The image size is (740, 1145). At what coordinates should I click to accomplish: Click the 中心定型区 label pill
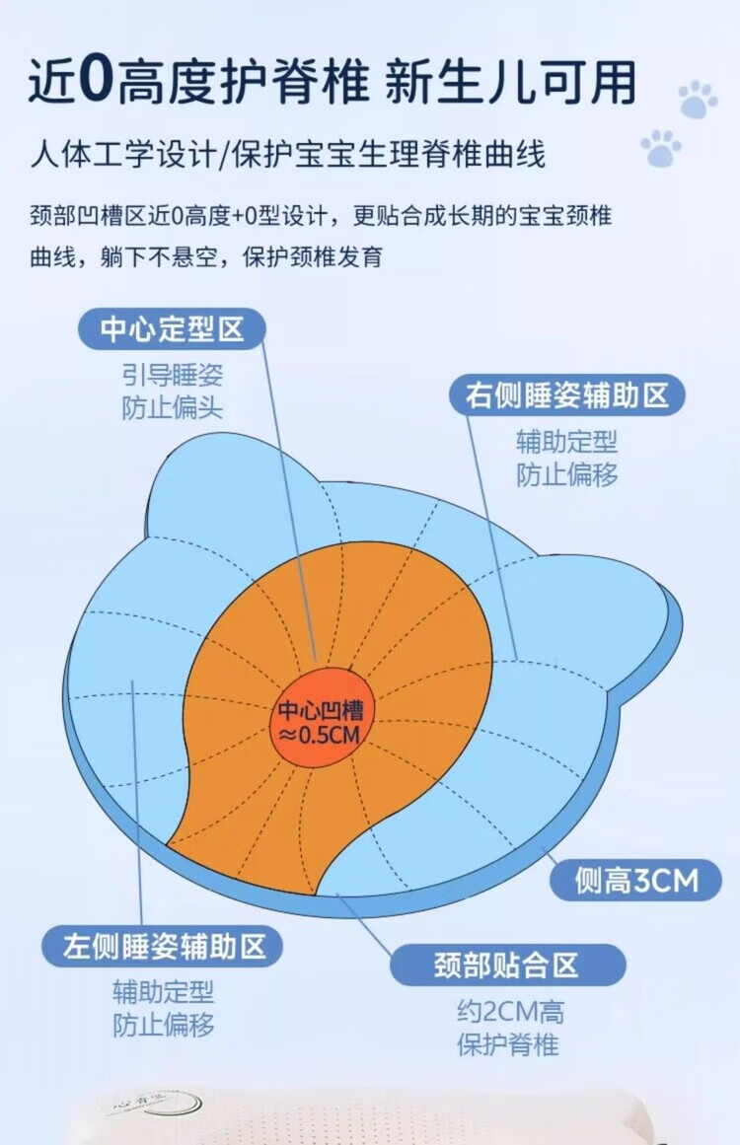(172, 328)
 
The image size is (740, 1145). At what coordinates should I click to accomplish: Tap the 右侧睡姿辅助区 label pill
(567, 395)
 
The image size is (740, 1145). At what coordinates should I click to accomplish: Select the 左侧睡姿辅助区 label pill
(163, 947)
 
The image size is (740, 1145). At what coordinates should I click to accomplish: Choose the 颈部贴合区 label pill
(507, 965)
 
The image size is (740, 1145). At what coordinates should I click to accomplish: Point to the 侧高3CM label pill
(635, 880)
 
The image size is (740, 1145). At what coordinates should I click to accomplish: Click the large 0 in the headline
(96, 82)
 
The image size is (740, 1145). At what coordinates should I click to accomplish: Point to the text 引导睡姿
(173, 375)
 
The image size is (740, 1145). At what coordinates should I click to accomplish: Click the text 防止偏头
(173, 407)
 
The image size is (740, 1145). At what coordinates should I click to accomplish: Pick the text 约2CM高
(509, 1012)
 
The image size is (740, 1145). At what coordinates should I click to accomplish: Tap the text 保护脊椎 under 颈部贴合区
(509, 1044)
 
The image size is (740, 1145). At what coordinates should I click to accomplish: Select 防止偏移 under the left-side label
(163, 1025)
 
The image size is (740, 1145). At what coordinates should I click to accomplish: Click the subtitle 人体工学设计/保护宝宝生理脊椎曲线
(287, 156)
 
